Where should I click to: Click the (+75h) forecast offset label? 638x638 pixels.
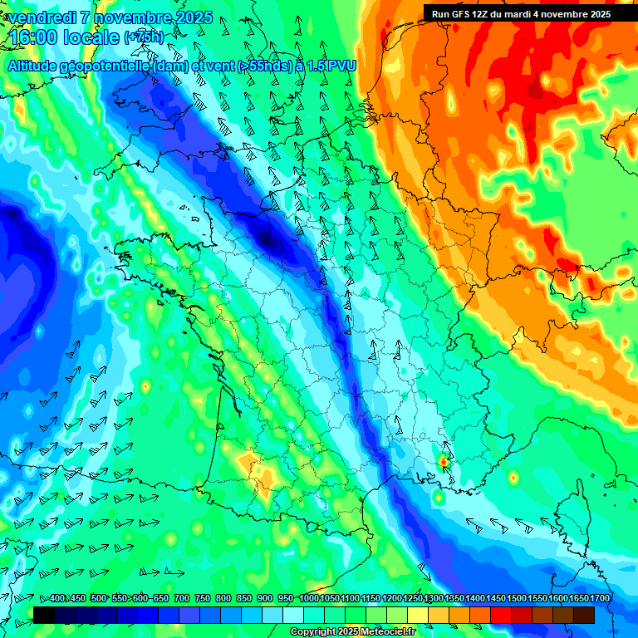coord(144,37)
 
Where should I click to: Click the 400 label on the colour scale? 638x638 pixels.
coord(56,598)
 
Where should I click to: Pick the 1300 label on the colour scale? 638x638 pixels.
coord(434,598)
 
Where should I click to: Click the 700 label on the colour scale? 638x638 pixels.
coord(182,598)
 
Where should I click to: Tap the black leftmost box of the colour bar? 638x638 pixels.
coord(44,614)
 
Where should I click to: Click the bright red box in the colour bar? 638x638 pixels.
coord(501,614)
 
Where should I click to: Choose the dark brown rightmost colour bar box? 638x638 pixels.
coord(584,614)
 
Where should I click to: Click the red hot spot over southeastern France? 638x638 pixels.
coord(444,459)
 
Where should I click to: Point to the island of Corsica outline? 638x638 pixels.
coord(572,515)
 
